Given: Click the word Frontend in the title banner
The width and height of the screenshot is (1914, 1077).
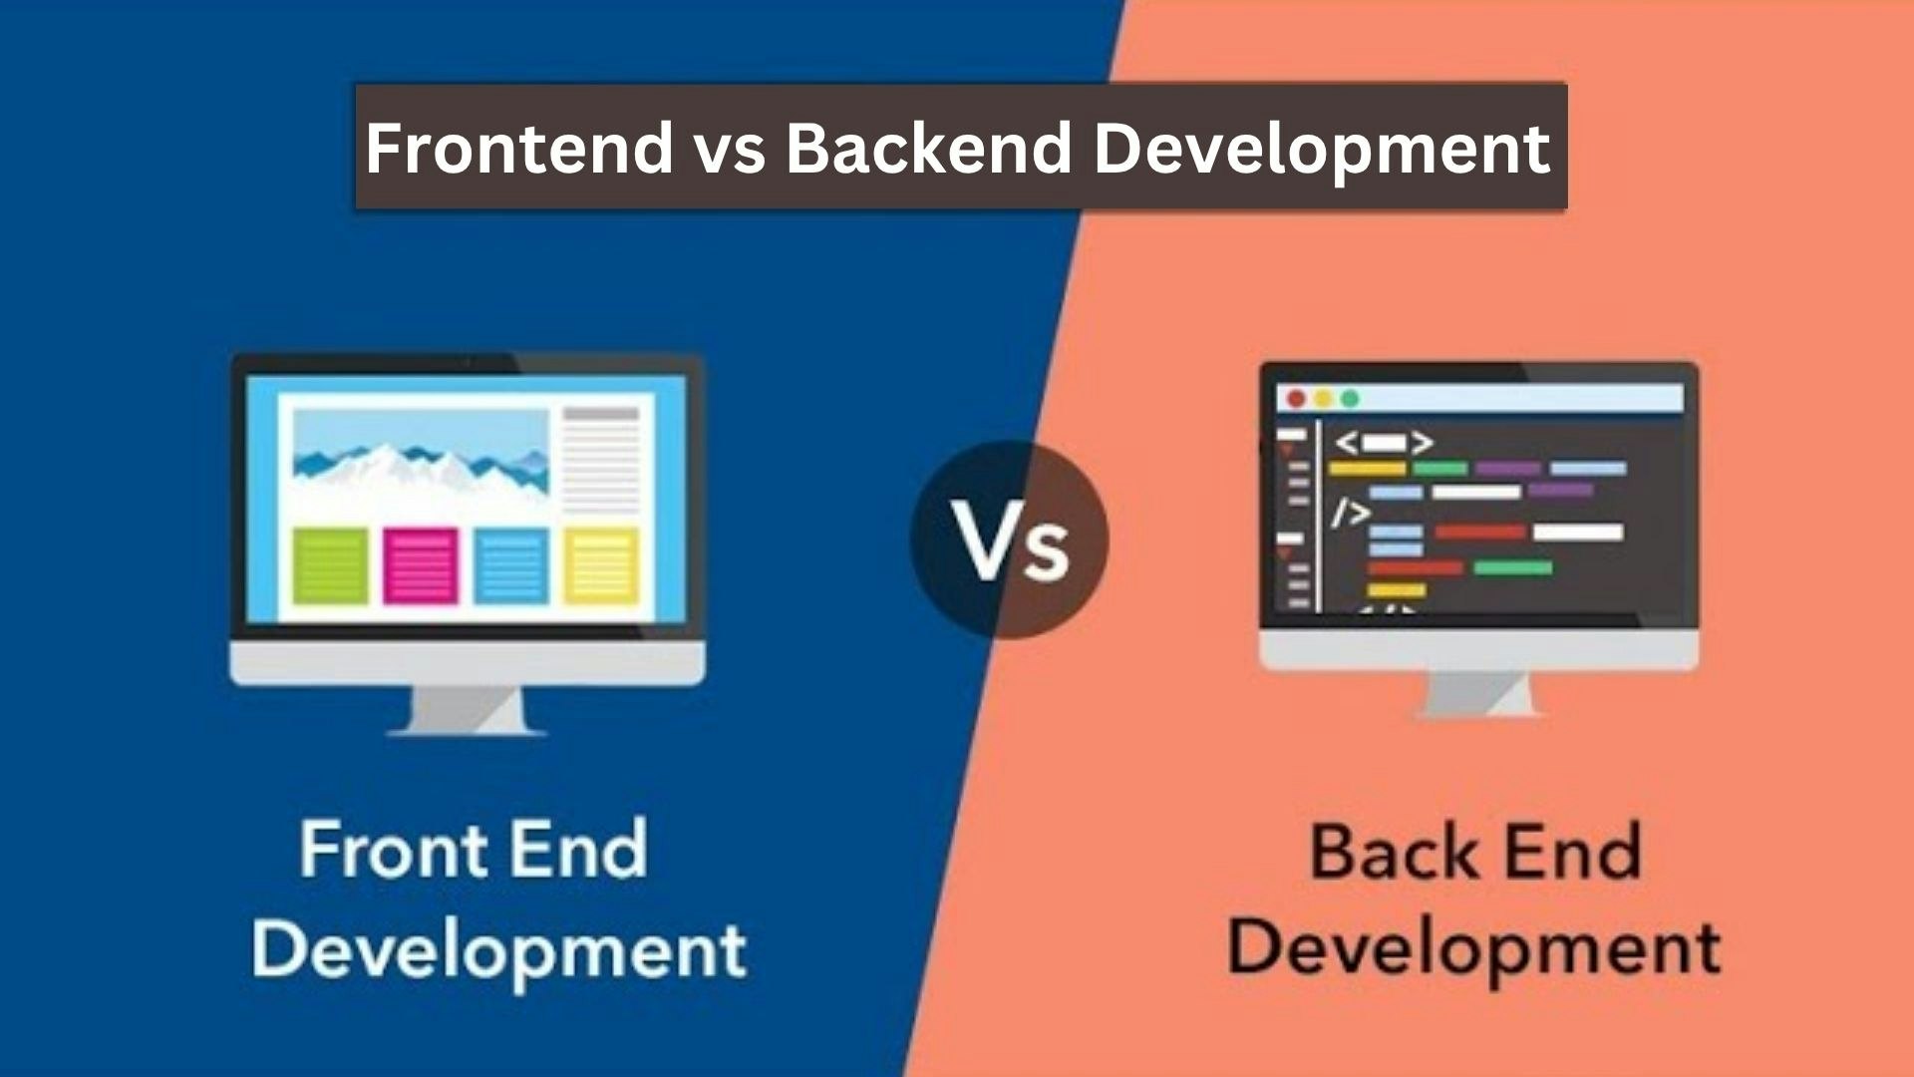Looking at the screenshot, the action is click(518, 148).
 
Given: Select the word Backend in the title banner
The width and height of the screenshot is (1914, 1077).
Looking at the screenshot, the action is click(928, 148).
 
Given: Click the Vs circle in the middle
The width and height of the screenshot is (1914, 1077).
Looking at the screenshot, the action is click(1009, 539).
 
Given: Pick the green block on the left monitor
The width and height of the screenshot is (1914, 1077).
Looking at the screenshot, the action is click(330, 566).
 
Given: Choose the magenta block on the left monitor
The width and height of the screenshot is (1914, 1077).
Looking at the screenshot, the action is click(421, 566).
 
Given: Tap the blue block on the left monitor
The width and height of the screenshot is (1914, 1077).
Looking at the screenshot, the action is click(511, 566).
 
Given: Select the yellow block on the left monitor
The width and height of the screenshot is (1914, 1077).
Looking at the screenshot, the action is click(602, 566).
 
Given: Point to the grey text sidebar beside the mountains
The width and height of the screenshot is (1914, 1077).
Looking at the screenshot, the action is click(601, 460).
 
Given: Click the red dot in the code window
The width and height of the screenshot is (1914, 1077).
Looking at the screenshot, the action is click(1296, 399).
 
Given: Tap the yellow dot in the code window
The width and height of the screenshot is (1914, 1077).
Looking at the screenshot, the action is click(1323, 399).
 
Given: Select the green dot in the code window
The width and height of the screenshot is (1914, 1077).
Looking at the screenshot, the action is click(1350, 399).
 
